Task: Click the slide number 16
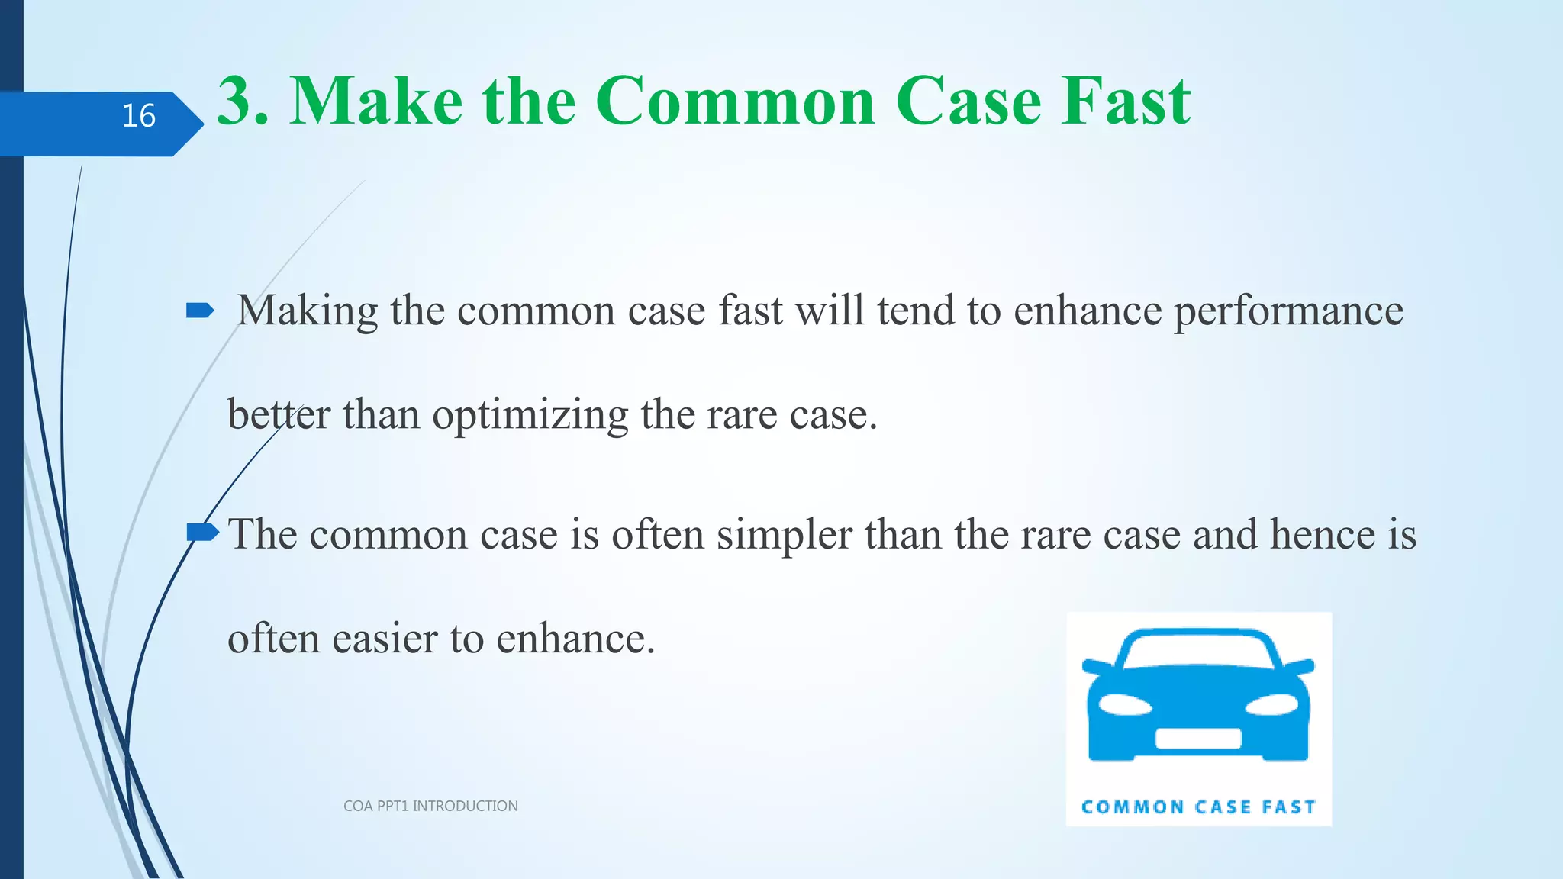coord(138,116)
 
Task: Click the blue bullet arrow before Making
coord(200,310)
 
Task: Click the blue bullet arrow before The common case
coord(201,532)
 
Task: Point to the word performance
coord(1287,311)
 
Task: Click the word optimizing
coord(530,415)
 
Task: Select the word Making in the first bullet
coord(308,311)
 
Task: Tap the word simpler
coord(784,534)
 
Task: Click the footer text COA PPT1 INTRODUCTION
coord(430,806)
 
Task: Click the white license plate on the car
coord(1197,738)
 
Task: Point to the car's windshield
coord(1197,652)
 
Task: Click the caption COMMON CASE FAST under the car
coord(1198,807)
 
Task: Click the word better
coord(279,415)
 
